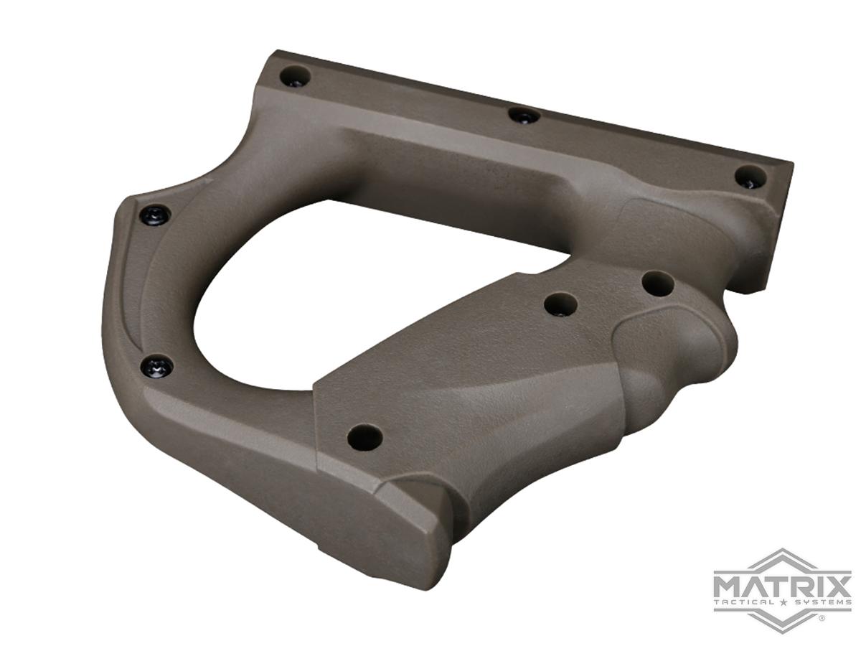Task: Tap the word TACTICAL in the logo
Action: pos(746,601)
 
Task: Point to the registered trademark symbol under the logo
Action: pos(822,617)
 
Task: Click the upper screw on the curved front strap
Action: pos(156,213)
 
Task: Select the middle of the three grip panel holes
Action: pos(561,305)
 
